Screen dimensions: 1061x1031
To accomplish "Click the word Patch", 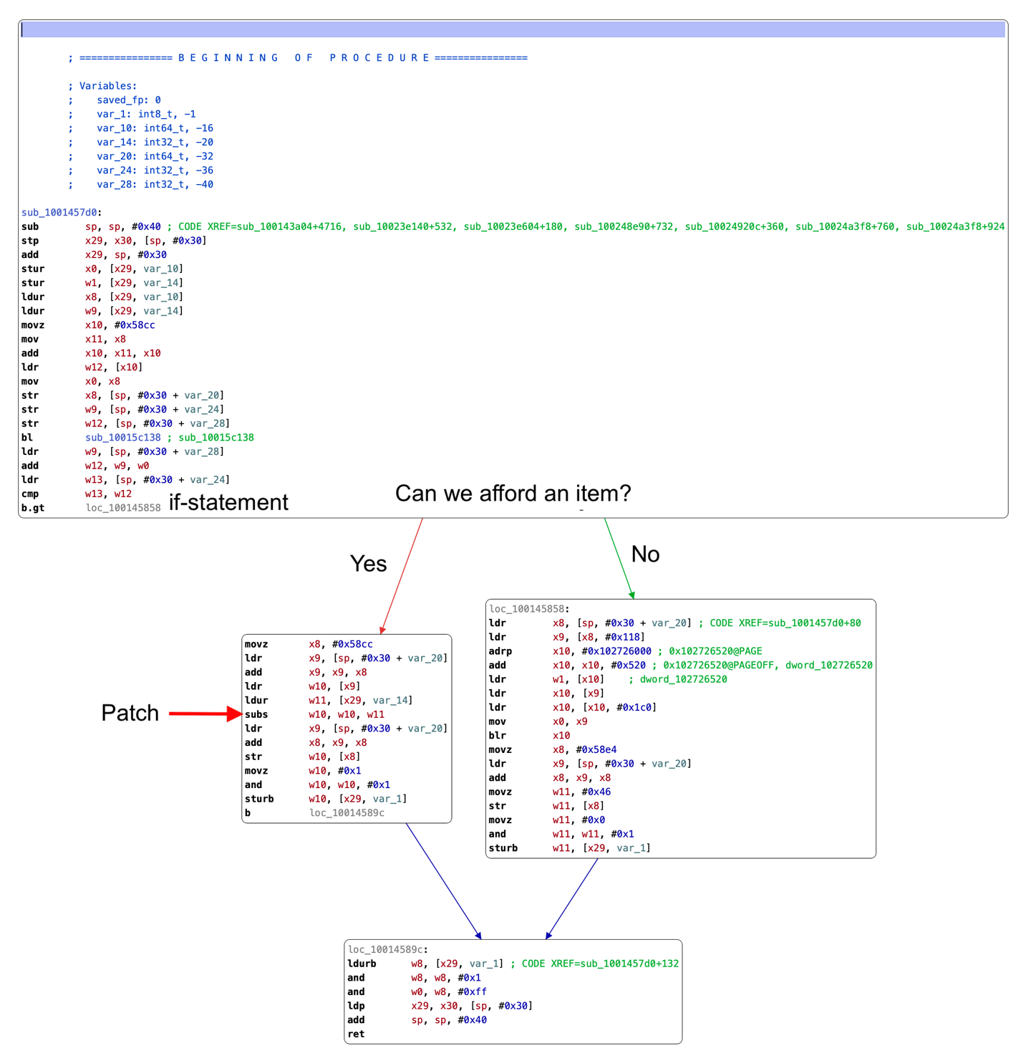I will [x=130, y=713].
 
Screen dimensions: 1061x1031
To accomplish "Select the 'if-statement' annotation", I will [x=228, y=502].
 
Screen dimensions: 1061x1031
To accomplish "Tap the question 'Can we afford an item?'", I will [x=513, y=493].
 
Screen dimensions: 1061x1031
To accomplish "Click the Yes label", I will [x=368, y=564].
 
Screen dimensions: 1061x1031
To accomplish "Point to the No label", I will [x=645, y=554].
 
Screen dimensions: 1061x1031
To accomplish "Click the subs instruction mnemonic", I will [x=256, y=714].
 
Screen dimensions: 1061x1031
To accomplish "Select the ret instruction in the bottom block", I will [x=356, y=1034].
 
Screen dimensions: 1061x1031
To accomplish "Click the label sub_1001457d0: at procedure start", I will [x=62, y=212].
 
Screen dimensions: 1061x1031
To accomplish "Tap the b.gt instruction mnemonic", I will [x=33, y=508].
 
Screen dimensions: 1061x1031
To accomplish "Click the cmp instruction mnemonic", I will [x=30, y=494].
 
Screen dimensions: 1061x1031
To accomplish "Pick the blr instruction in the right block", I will [x=498, y=735].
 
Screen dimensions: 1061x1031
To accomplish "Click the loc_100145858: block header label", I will [x=529, y=609].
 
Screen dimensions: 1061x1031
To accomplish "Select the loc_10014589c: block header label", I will [x=388, y=949].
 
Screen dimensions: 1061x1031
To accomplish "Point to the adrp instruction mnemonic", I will [x=500, y=651].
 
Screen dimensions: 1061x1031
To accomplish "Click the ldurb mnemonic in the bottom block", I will [x=362, y=964].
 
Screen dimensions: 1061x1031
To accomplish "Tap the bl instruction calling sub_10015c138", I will [x=27, y=438].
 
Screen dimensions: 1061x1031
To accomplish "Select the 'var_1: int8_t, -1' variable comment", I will [x=146, y=114].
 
